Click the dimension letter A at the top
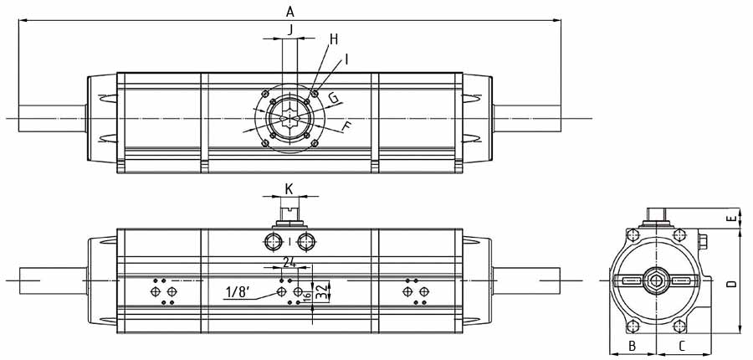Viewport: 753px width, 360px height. (290, 11)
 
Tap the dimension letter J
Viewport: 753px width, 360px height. (290, 29)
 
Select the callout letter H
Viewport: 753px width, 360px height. (333, 39)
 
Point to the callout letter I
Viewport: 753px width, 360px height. (346, 59)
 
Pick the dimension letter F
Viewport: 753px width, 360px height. (347, 128)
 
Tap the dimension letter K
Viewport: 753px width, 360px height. (289, 189)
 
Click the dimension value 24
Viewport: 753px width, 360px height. (289, 262)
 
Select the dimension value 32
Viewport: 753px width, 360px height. (320, 291)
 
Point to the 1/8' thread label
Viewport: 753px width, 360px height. (238, 292)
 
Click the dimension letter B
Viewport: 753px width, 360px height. (633, 345)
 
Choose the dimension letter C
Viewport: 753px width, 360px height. (682, 345)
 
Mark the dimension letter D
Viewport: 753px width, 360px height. (730, 285)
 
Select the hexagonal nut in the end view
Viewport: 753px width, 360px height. (655, 280)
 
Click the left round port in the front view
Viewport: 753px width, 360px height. (274, 244)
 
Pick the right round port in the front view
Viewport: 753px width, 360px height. (306, 244)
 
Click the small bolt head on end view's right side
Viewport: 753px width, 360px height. (704, 244)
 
